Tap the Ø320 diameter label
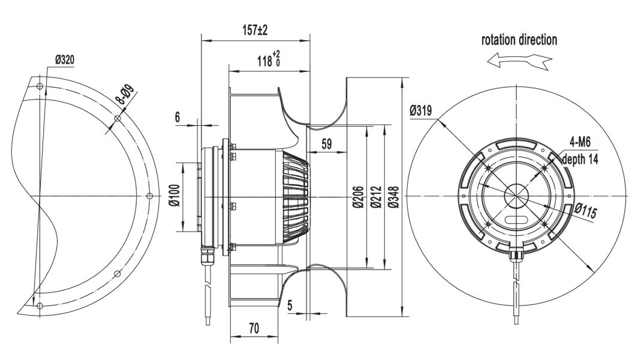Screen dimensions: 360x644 65,61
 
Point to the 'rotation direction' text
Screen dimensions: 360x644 519,40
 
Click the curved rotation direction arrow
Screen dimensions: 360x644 519,61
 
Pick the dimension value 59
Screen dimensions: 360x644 327,144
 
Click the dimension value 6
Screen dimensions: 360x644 178,117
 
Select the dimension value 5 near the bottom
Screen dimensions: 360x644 290,306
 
